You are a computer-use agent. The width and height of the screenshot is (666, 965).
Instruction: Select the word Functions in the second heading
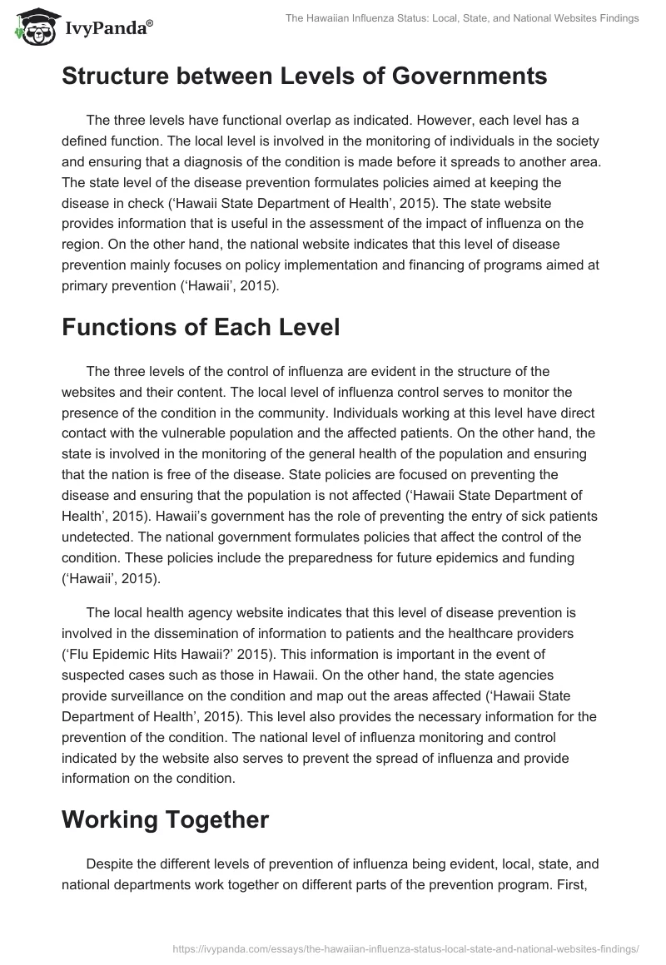pyautogui.click(x=117, y=327)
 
